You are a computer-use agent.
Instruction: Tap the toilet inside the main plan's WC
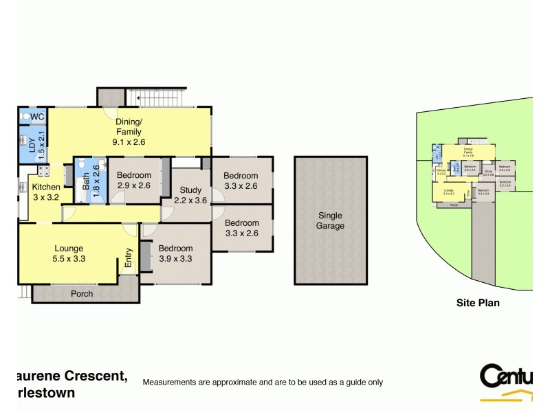[25, 117]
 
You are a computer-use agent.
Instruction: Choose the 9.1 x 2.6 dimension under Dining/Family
[129, 142]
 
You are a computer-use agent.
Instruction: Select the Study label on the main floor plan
[190, 190]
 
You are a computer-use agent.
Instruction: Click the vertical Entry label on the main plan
[128, 257]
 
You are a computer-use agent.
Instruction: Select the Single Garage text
[330, 220]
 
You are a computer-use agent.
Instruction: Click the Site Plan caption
[478, 302]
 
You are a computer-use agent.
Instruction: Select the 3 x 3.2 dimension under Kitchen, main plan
[46, 197]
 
